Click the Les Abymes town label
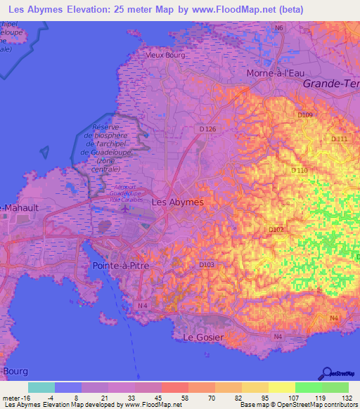coord(178,202)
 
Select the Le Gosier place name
coord(203,338)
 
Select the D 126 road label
coord(207,129)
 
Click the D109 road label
coord(304,115)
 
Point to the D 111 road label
coord(338,140)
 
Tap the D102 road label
coord(276,229)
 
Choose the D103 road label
coord(207,265)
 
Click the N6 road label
coord(279,28)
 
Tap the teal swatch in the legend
coord(41,387)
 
